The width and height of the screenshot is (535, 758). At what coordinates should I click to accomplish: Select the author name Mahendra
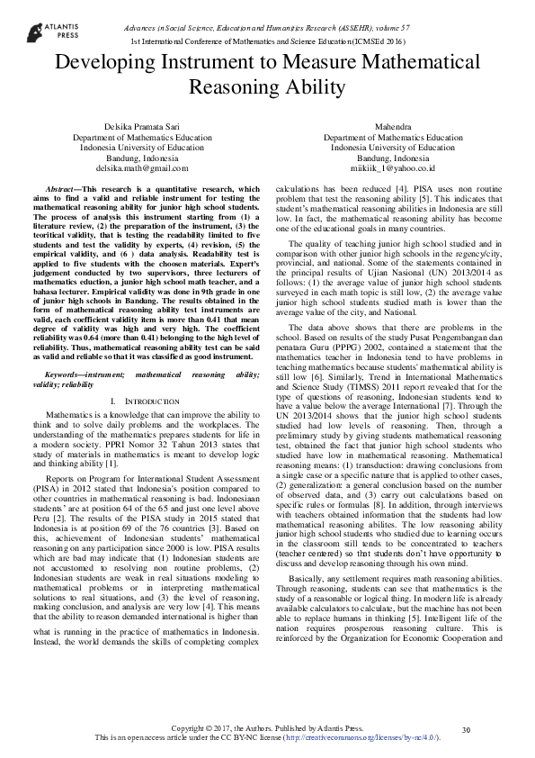pos(392,127)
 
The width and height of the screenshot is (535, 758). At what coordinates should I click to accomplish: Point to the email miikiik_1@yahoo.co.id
pos(392,167)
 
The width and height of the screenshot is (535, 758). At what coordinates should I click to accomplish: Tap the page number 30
pos(466,728)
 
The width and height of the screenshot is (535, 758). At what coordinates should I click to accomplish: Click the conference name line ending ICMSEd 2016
pos(268,41)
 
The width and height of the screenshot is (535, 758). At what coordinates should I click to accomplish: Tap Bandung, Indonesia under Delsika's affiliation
pos(142,158)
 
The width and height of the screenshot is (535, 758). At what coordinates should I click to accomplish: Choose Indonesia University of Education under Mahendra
pos(392,147)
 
